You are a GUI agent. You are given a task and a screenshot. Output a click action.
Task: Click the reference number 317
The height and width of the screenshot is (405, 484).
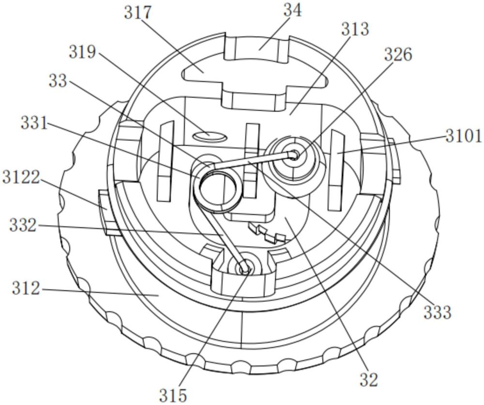(138, 13)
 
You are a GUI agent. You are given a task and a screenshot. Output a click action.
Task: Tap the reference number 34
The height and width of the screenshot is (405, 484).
(292, 11)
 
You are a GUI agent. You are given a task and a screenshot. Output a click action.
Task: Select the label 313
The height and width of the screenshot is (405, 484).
(355, 30)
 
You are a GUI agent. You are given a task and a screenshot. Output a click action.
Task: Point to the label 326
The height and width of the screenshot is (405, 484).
(398, 55)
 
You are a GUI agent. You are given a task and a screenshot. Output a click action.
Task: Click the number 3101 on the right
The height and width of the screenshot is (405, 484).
(463, 136)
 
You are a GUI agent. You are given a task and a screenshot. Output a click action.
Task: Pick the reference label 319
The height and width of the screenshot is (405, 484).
(82, 52)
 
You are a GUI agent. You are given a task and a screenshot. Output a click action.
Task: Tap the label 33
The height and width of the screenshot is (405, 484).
(58, 81)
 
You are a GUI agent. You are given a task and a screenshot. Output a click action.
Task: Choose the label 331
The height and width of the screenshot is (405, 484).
(34, 123)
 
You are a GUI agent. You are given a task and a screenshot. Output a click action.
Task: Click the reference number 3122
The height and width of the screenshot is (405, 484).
(21, 178)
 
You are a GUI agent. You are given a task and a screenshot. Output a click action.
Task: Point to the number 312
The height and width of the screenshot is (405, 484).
(26, 288)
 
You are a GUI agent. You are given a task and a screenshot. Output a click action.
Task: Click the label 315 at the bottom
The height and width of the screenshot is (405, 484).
(173, 395)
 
